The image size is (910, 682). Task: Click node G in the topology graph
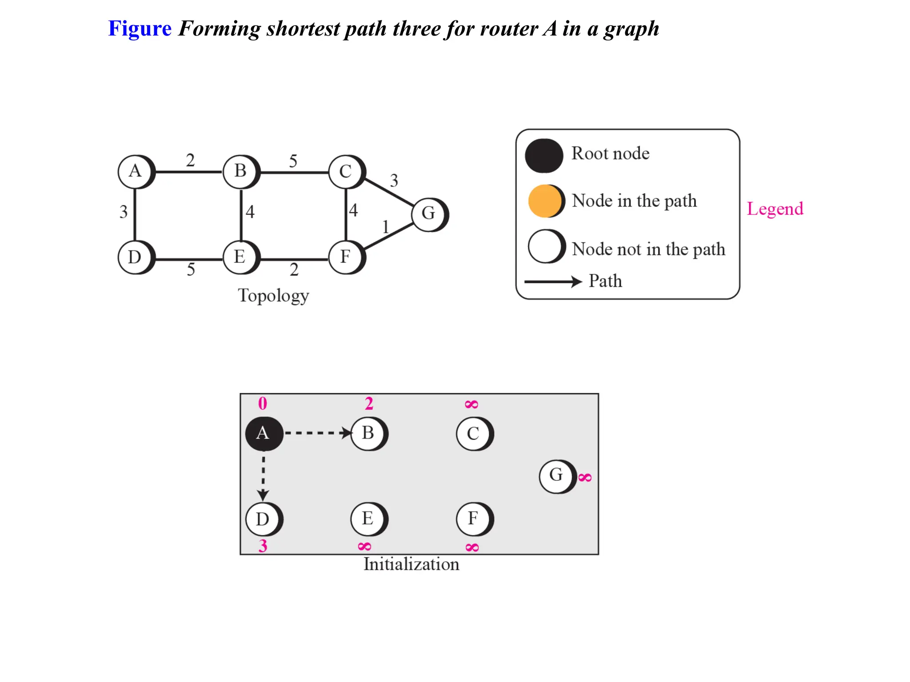(429, 214)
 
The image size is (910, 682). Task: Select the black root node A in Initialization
(263, 433)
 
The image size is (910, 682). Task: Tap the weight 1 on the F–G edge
(385, 227)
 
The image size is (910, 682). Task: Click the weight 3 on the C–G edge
(394, 180)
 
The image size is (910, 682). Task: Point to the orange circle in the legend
(545, 201)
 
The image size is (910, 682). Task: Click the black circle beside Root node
(543, 155)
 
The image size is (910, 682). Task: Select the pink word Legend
(774, 209)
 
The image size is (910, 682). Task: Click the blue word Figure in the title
(140, 29)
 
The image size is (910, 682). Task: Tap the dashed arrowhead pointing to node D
(263, 495)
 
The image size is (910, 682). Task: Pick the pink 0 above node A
(263, 403)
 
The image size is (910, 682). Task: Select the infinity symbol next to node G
(585, 478)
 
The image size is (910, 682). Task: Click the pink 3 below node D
(263, 546)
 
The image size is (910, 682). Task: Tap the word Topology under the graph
(273, 296)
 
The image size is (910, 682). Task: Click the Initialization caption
(411, 564)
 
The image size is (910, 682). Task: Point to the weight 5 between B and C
(293, 161)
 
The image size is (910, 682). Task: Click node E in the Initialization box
(368, 519)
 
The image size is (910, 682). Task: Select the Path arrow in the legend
(553, 282)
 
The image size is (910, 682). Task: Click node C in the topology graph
(346, 171)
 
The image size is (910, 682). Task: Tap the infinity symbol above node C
(471, 404)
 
